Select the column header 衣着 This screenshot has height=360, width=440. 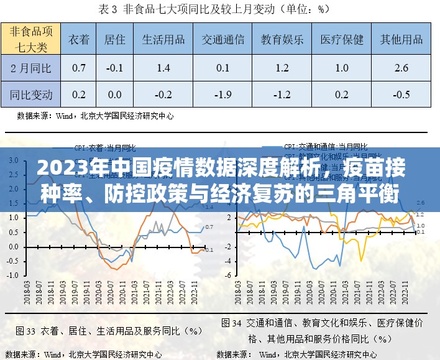tap(79, 39)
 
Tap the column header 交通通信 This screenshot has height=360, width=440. tap(222, 39)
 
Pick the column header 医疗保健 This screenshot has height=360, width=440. tap(342, 39)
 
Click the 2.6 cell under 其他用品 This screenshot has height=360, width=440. tap(401, 67)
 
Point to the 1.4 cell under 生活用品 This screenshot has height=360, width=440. tap(163, 67)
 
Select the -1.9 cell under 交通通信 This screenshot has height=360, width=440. tap(222, 95)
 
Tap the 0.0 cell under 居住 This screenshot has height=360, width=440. tap(114, 95)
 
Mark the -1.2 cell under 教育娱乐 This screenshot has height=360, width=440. tap(282, 95)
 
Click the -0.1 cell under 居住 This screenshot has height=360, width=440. tap(114, 67)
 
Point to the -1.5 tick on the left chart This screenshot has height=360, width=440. tap(13, 275)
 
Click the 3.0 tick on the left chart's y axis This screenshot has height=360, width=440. tap(13, 160)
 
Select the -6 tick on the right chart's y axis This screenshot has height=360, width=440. tap(229, 275)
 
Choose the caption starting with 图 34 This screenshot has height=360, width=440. tap(323, 331)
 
